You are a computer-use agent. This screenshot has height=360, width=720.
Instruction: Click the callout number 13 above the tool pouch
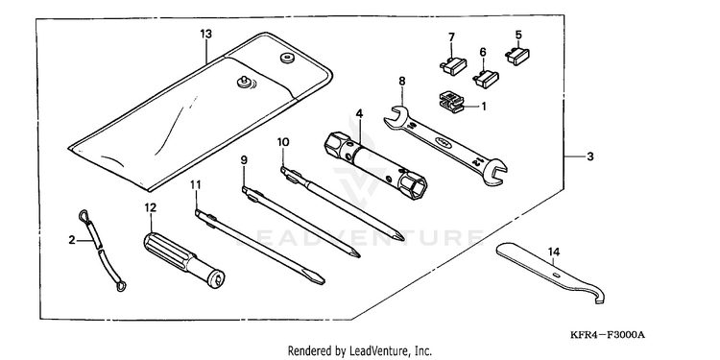(x=206, y=34)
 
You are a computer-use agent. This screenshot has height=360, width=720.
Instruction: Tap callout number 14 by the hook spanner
(x=554, y=252)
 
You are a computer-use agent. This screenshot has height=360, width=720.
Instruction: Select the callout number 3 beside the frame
(x=590, y=156)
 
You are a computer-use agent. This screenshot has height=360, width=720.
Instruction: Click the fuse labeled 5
(x=517, y=56)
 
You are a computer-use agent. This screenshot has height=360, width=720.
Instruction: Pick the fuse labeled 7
(x=453, y=65)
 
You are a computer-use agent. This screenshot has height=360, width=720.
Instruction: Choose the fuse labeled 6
(x=486, y=78)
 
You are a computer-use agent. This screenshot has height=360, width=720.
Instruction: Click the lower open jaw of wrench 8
(x=496, y=172)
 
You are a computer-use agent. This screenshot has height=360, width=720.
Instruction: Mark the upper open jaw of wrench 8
(x=394, y=116)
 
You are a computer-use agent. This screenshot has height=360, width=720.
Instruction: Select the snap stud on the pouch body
(x=242, y=83)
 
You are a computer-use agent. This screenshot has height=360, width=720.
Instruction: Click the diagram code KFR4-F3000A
(x=608, y=335)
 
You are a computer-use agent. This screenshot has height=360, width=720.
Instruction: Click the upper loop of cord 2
(x=84, y=215)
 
